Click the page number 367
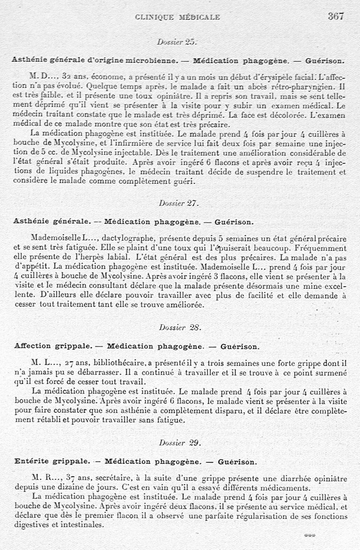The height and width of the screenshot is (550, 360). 336,16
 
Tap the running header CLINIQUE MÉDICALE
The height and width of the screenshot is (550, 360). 178,18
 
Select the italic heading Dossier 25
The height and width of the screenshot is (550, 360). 177,42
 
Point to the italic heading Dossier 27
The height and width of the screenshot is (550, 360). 179,203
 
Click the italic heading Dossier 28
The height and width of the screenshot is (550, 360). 179,327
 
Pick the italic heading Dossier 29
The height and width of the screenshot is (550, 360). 179,443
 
